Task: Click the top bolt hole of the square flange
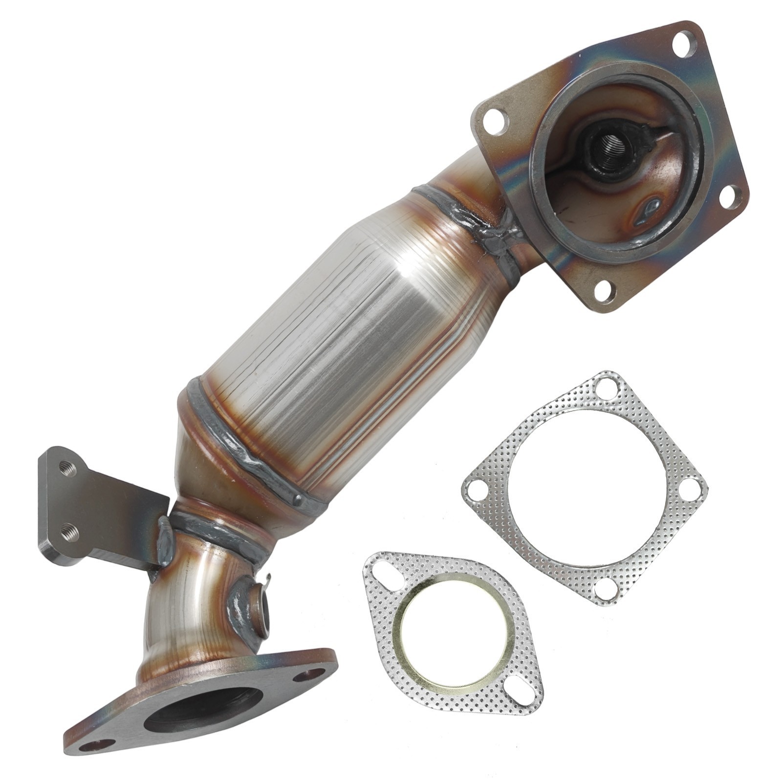[x=684, y=44]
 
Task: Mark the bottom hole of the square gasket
[x=607, y=589]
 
